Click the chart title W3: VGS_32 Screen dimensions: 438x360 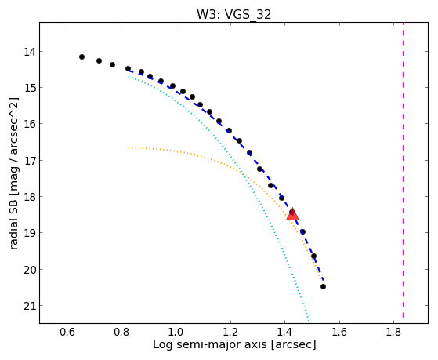pos(233,14)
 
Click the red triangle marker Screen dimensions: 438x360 pos(292,215)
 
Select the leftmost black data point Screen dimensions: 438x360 pos(81,56)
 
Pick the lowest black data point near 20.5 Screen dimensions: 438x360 pos(323,287)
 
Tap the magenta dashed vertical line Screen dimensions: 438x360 pos(403,170)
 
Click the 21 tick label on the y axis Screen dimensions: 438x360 pos(29,306)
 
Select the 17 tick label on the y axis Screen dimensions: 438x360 pos(29,161)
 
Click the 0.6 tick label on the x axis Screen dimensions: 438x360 pos(67,332)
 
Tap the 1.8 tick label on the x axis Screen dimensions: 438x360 pos(393,332)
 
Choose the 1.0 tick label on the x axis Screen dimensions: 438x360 pos(176,332)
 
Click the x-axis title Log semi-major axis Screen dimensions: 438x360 pos(210,345)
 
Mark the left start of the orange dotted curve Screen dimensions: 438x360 pos(129,147)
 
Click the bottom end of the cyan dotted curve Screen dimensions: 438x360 pos(309,321)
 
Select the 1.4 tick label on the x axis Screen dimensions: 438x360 pos(284,332)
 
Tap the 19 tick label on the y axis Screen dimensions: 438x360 pos(29,233)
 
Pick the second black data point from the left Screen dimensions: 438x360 pos(100,60)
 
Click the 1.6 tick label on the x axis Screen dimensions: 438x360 pos(339,332)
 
